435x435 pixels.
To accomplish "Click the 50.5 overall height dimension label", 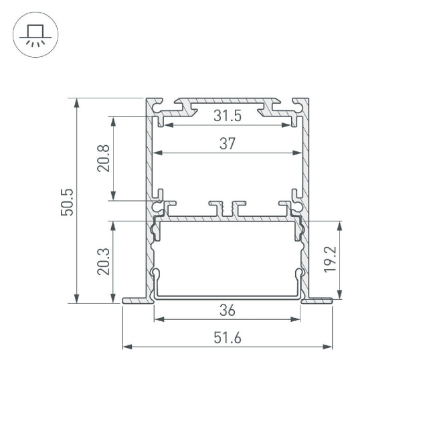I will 66,201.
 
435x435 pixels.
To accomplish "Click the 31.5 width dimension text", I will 228,116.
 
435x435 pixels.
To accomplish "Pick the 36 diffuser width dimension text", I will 228,310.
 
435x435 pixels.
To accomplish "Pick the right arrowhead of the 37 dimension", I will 294,153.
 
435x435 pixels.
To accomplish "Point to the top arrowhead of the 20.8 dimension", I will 114,121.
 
